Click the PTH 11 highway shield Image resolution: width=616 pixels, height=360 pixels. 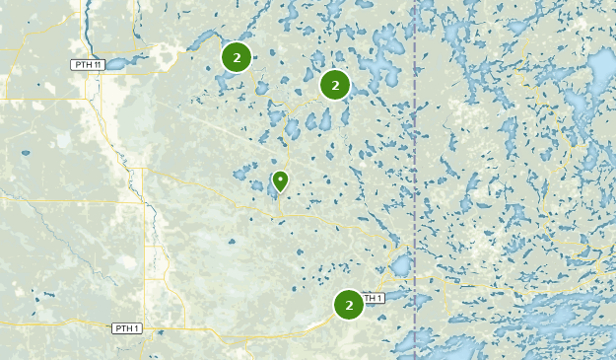87,65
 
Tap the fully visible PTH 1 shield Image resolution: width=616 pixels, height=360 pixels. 127,328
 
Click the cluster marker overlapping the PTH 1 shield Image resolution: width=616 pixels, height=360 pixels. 349,305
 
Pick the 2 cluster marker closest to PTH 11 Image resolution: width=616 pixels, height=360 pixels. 237,57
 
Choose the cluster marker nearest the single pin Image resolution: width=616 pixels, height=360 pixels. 335,86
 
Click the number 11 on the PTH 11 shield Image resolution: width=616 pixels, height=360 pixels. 96,65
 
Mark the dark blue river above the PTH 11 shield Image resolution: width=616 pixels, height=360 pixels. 88,30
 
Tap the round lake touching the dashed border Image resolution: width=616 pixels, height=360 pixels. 402,264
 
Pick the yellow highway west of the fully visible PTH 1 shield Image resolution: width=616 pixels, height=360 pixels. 59,324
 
